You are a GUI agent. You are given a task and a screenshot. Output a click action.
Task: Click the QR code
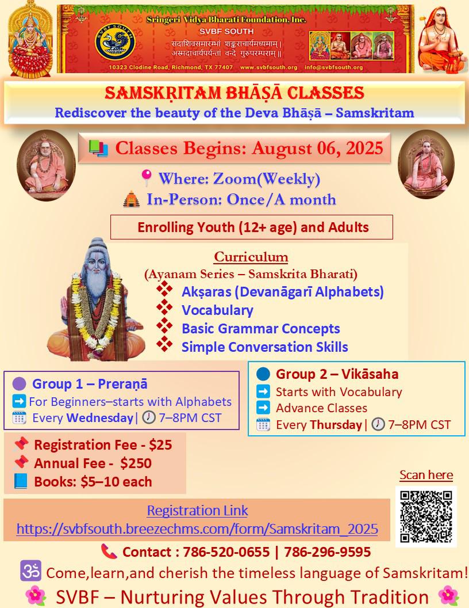pos(426,516)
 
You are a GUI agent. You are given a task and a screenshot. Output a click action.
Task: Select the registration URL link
pos(197,529)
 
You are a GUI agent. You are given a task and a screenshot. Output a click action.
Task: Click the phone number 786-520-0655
pos(226,552)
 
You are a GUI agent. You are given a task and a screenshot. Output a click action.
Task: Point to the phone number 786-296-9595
pos(328,552)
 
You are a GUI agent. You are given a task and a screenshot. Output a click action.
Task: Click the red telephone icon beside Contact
pos(109,551)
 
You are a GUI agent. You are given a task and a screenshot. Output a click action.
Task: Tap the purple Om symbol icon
pos(30,571)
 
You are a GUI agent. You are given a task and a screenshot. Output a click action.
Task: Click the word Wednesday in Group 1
pos(100,417)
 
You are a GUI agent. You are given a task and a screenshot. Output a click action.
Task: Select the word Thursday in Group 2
pos(336,424)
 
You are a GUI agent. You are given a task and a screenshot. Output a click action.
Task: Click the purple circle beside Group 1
pos(20,384)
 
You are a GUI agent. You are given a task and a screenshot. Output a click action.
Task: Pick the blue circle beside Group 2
pos(263,374)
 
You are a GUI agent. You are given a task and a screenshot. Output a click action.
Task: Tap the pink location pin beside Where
pos(146,177)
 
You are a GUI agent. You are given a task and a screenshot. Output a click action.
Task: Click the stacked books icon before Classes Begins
pos(98,149)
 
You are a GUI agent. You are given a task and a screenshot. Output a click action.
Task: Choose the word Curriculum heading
pos(251,257)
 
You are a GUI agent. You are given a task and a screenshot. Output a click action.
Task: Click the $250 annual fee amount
pos(136,463)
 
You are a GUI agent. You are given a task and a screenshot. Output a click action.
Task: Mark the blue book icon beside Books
pos(21,481)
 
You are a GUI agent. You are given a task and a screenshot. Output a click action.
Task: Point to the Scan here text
pos(426,475)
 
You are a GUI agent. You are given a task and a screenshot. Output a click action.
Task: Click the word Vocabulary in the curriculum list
pos(217,310)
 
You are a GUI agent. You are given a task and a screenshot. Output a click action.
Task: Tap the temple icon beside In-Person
pos(132,199)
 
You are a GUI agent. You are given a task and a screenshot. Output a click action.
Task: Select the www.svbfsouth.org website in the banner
pos(268,67)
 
